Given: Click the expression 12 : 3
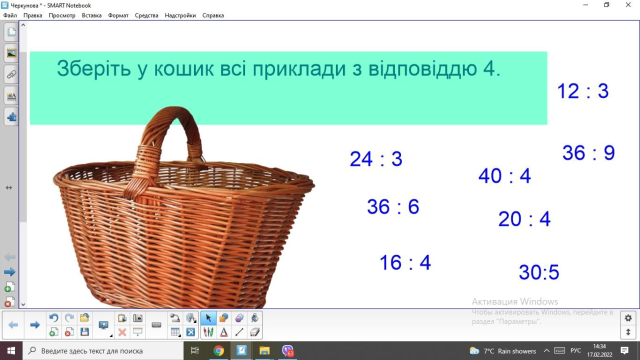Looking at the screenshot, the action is [583, 91].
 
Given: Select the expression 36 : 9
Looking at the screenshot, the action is [588, 152].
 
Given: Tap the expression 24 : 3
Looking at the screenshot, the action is [376, 159].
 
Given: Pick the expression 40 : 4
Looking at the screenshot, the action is [504, 175].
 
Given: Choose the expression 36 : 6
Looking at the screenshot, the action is [393, 206].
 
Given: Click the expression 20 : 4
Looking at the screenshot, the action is [524, 219].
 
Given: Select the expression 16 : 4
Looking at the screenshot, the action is [405, 262].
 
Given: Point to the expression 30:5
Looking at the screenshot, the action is [539, 271].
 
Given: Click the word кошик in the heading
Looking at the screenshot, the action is [183, 68].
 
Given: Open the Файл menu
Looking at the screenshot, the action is [10, 15].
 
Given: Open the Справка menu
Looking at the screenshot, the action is [213, 15].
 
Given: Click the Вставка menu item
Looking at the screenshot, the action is [91, 15].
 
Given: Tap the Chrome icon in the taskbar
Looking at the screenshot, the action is [218, 350].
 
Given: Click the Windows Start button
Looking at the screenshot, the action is [11, 350].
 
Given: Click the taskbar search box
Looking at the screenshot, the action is [103, 350].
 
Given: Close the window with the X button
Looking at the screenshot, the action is [628, 5].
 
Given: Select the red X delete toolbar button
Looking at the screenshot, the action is [122, 332].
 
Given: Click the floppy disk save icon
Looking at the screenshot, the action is [84, 331].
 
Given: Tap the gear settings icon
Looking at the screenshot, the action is [628, 317].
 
